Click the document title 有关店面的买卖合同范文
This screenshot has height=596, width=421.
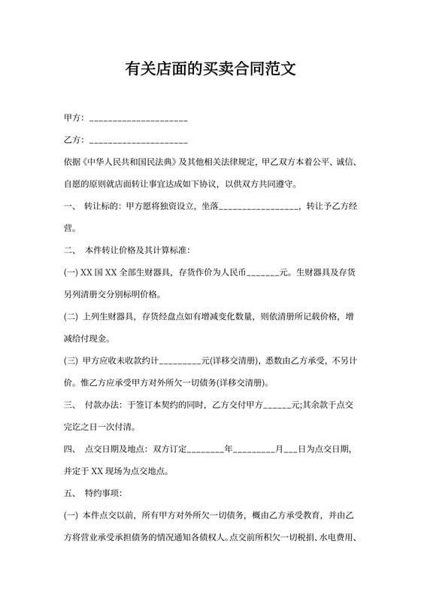point(210,71)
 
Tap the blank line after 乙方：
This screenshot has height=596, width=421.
point(138,141)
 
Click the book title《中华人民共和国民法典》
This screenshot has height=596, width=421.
point(131,161)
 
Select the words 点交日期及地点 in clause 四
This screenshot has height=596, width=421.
point(116,449)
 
